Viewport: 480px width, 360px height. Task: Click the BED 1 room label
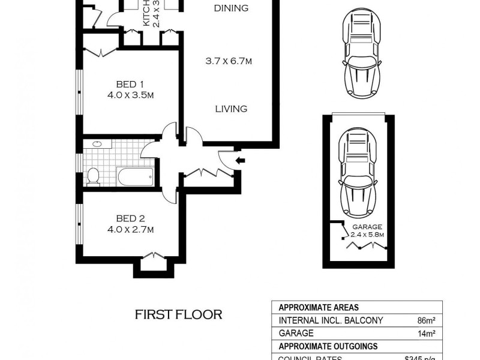pos(129,84)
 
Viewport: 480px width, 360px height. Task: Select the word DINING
pos(231,8)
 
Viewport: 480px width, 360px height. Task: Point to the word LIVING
pos(231,109)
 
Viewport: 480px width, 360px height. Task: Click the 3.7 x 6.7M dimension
pos(228,61)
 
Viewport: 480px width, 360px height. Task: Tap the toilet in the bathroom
pos(93,176)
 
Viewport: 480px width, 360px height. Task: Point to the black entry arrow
pos(241,160)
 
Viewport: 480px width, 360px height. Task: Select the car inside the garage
pos(358,174)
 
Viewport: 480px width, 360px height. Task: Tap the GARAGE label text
pos(367,227)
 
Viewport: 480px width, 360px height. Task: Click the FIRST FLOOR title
pos(178,314)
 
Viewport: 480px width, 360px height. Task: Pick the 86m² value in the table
pos(426,320)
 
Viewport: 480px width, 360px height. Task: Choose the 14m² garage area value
pos(426,333)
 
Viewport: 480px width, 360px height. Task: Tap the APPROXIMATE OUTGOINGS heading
pos(327,346)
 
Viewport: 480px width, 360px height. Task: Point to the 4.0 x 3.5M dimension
pos(129,95)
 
